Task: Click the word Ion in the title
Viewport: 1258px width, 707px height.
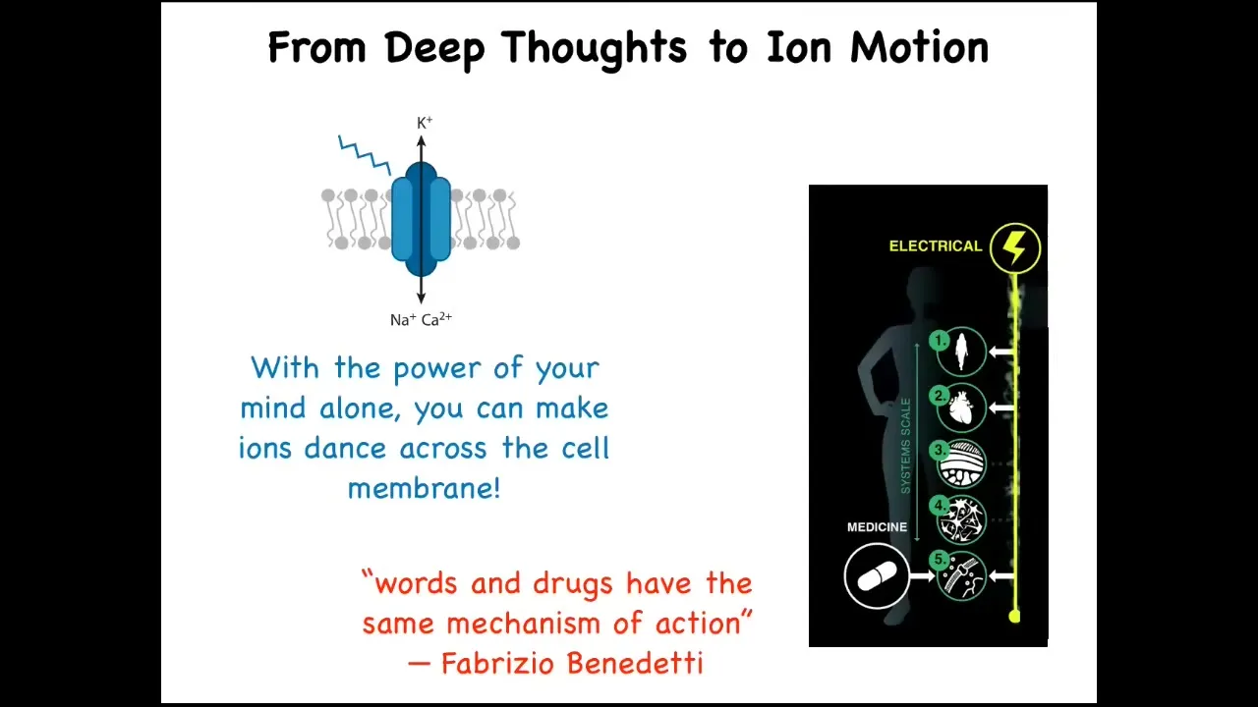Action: click(799, 47)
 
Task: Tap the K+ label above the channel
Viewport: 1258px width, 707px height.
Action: click(425, 123)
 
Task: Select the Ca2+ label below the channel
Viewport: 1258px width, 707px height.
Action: click(436, 319)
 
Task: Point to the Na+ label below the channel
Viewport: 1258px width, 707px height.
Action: click(403, 320)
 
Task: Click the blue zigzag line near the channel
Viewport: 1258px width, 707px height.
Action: click(365, 155)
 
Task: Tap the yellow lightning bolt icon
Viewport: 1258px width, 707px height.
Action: click(1015, 248)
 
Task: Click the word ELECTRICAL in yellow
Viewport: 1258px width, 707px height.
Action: click(936, 245)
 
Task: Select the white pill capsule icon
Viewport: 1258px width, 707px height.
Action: click(877, 576)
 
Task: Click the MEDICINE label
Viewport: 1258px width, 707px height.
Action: click(877, 527)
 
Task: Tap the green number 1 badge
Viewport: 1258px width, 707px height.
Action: click(940, 341)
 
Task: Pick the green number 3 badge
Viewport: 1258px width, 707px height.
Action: click(940, 451)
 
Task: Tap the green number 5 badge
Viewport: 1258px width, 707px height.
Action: click(940, 560)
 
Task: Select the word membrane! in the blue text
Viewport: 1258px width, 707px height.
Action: click(424, 488)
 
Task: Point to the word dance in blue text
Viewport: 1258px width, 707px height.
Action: click(345, 448)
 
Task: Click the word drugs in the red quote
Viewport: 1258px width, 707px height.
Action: click(573, 584)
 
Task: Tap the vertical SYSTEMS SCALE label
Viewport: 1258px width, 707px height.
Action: click(905, 446)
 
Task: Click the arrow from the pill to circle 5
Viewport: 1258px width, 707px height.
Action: click(922, 576)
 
